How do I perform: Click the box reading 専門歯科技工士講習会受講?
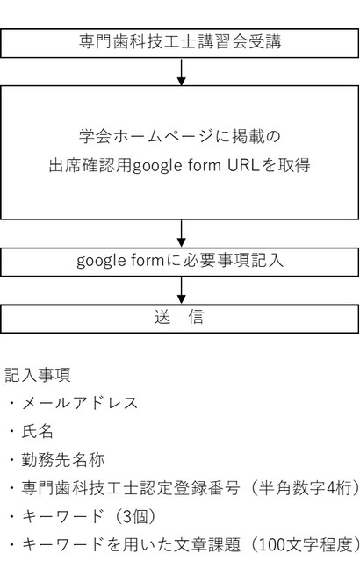(180, 43)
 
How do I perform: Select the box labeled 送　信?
(180, 319)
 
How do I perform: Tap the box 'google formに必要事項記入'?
(180, 262)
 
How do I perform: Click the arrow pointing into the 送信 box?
(182, 291)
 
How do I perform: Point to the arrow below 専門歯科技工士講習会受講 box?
(182, 72)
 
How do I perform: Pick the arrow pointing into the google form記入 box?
(182, 234)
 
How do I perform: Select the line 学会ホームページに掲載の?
(180, 136)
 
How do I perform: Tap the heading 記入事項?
(38, 375)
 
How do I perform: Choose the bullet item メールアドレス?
(79, 403)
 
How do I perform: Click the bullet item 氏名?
(37, 431)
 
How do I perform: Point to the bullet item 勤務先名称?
(62, 459)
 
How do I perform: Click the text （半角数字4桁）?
(303, 487)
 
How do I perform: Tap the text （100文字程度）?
(304, 544)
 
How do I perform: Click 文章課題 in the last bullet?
(207, 544)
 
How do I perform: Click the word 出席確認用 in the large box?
(90, 165)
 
